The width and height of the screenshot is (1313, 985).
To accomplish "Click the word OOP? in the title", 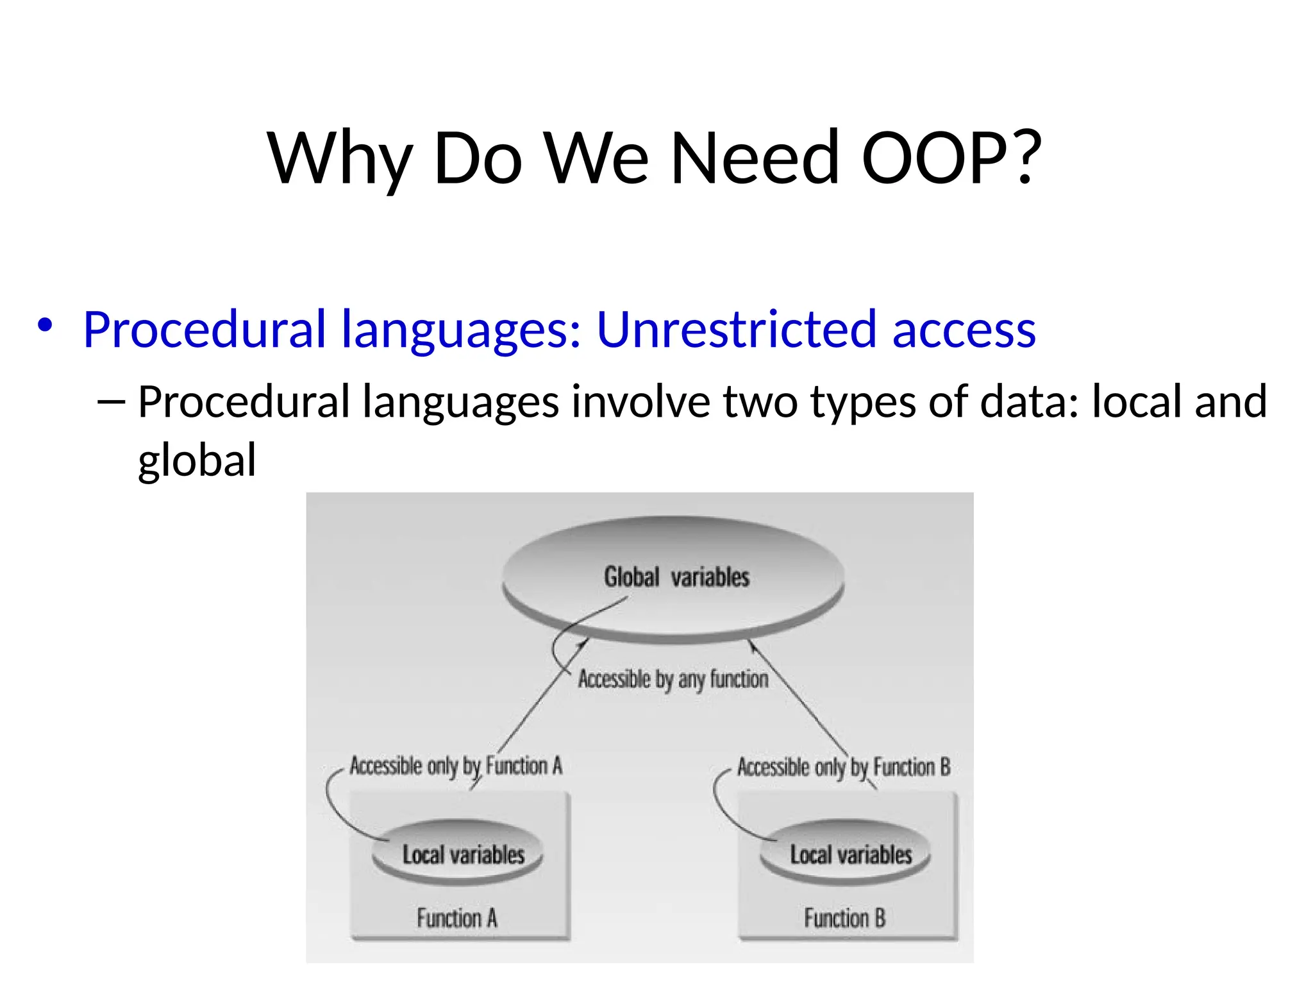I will point(951,158).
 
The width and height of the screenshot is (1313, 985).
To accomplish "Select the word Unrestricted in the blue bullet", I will point(736,330).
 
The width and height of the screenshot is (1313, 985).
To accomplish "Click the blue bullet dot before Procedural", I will point(44,325).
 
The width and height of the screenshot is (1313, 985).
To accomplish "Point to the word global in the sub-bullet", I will point(197,460).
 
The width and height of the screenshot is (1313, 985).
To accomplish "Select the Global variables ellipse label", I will point(676,577).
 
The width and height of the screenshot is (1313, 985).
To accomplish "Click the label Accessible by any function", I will point(673,678).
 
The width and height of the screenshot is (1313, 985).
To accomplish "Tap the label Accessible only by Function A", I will point(456,766).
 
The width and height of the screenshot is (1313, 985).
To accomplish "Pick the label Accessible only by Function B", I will point(844,767).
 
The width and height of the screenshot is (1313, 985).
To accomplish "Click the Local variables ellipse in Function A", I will point(463,854).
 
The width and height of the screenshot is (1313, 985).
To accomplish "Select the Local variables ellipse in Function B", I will point(851,854).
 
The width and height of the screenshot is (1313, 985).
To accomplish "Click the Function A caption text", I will point(456,918).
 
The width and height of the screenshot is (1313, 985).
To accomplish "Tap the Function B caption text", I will point(844,918).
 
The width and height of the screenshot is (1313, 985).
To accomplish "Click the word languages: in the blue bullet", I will point(461,330).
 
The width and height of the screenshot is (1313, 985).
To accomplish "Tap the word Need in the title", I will point(755,158).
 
